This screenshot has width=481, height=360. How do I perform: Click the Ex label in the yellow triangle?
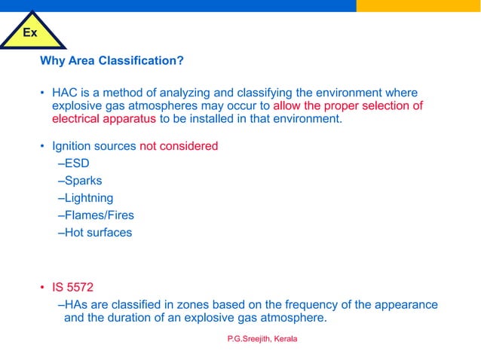(30, 32)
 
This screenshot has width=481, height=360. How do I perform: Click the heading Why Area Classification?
(112, 60)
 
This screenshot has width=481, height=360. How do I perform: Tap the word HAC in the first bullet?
(64, 93)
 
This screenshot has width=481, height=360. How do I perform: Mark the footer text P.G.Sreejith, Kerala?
(262, 339)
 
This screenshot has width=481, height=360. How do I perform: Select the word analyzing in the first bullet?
(179, 93)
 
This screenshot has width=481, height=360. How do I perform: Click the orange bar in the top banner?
(418, 5)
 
